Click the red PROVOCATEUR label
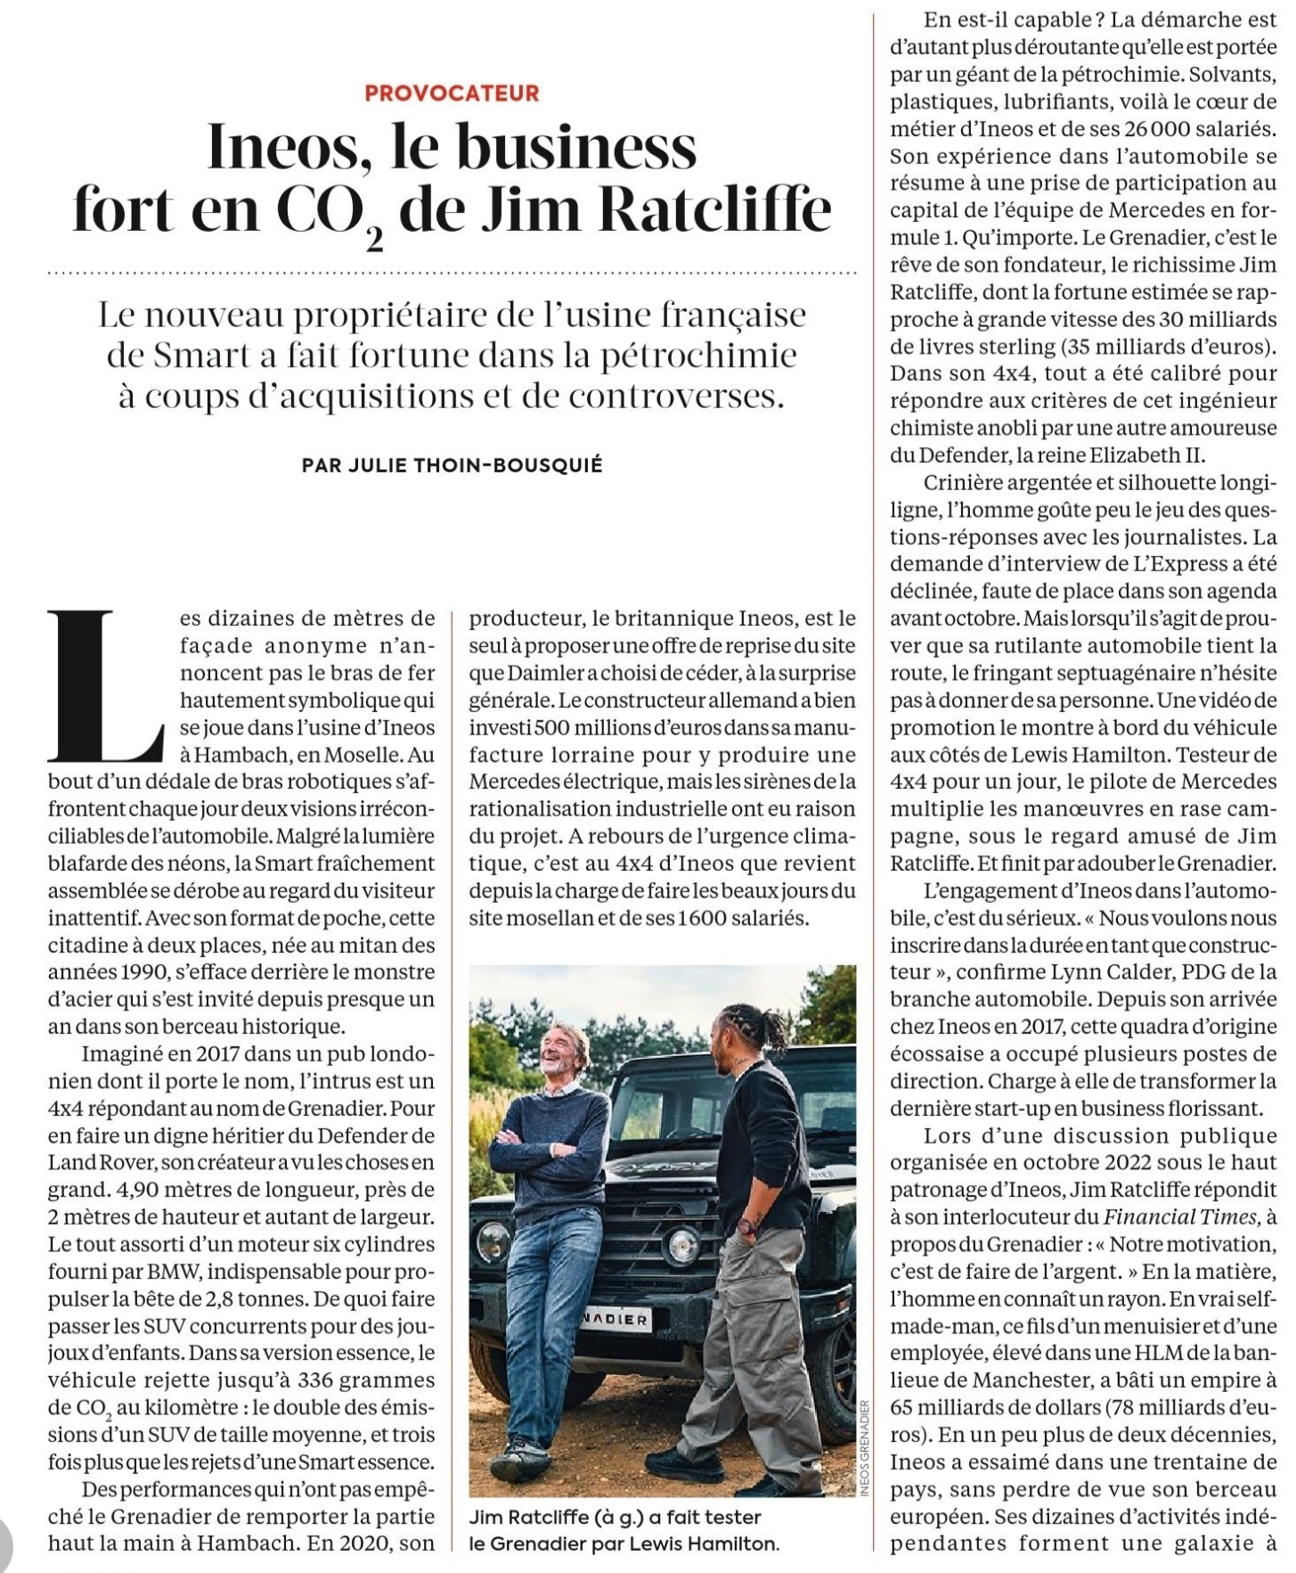[x=452, y=93]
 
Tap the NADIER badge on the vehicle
[x=615, y=1320]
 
